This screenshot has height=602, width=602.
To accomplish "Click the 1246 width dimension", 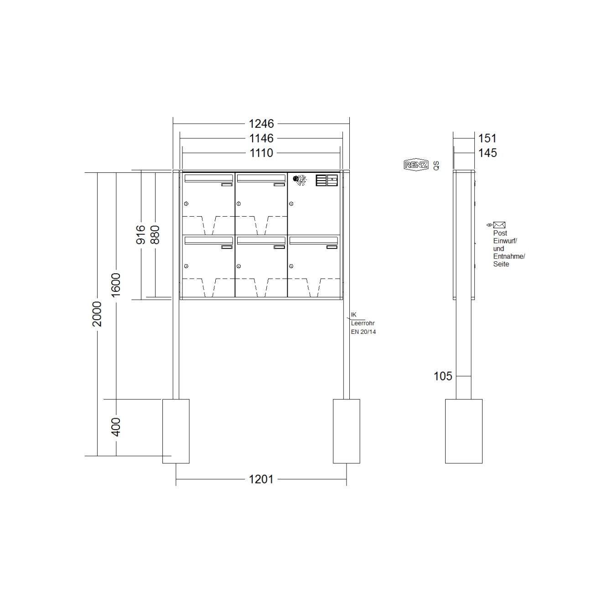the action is click(x=261, y=124).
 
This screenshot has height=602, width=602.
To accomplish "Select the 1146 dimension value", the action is click(x=261, y=138).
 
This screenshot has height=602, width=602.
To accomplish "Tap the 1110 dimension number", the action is click(x=261, y=153).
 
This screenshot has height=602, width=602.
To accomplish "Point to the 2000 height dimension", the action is click(x=97, y=314).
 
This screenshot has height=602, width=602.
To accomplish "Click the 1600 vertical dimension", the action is click(x=116, y=285).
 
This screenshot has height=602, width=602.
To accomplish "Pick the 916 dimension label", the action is click(x=141, y=234).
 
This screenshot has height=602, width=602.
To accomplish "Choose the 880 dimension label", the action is click(x=155, y=234).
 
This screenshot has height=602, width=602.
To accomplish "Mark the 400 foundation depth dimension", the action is click(x=116, y=427).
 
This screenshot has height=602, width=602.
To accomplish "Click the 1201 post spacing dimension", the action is click(x=261, y=479).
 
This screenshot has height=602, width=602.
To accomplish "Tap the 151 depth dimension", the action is click(x=488, y=138).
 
